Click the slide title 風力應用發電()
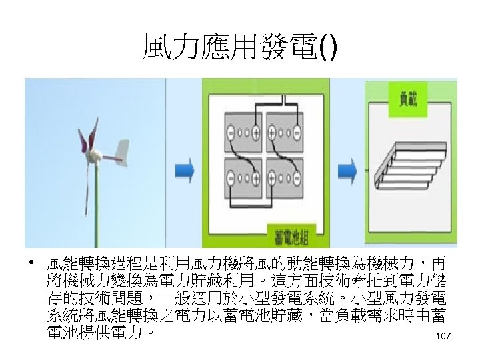(x=240, y=49)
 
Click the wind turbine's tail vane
(x=121, y=152)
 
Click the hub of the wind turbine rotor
(x=95, y=157)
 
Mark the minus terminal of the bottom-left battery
(x=230, y=178)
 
